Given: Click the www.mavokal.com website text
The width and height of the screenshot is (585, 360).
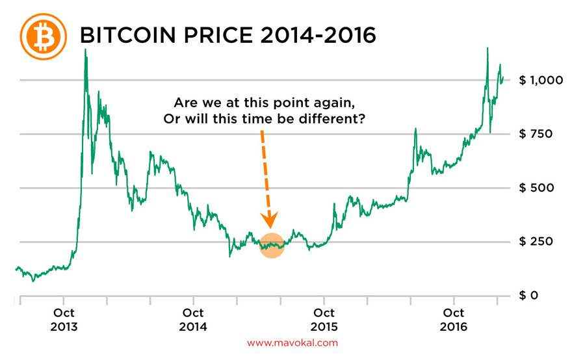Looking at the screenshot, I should pyautogui.click(x=292, y=342).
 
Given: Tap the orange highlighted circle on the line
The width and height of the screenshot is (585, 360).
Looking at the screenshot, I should pyautogui.click(x=272, y=245).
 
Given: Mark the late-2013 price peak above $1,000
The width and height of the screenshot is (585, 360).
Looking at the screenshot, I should pyautogui.click(x=86, y=51).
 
